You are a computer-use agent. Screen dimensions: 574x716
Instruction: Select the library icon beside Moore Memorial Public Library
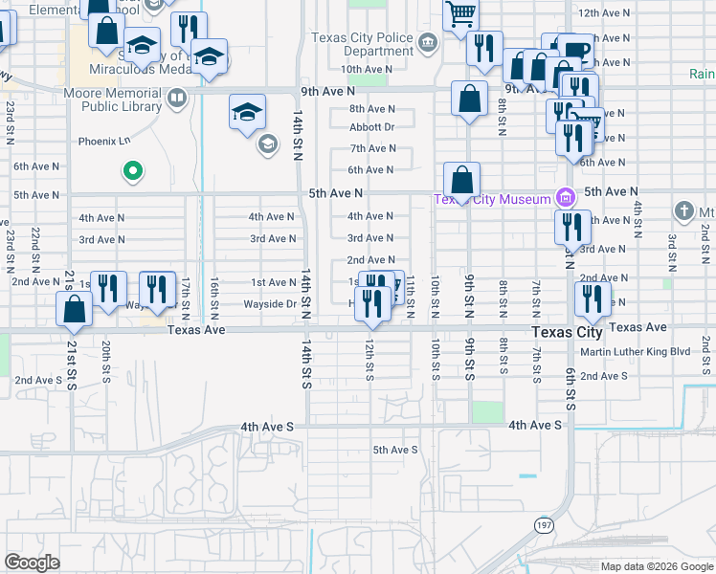[177, 98]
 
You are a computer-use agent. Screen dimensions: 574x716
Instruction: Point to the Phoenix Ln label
[104, 141]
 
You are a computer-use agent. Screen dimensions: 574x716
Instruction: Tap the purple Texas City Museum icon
[566, 198]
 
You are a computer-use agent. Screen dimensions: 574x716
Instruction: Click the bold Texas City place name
[568, 332]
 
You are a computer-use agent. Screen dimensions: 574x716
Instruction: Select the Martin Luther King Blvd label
[635, 351]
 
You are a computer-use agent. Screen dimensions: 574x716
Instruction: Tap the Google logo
[33, 563]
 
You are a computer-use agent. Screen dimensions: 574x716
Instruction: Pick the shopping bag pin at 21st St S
[75, 310]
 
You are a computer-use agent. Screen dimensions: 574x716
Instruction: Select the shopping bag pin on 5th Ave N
[461, 180]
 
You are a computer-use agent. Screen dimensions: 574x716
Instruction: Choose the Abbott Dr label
[372, 127]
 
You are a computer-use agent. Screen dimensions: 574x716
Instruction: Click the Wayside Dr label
[270, 304]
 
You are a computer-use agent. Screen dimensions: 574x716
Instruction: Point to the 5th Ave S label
[395, 450]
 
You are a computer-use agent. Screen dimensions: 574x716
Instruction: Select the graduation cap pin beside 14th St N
[247, 112]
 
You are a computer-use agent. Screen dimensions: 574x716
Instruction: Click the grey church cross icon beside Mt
[683, 210]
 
